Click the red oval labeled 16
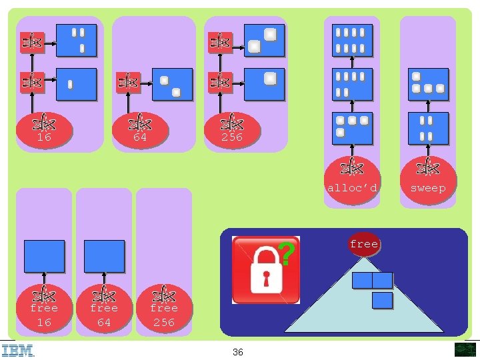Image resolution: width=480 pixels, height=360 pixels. (44, 130)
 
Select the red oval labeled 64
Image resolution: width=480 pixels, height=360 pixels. (140, 130)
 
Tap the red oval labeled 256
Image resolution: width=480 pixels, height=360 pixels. (233, 130)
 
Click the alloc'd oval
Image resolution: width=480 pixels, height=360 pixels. (353, 180)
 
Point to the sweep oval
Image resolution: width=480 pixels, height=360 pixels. (428, 180)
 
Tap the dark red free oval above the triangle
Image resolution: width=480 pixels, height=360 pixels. (364, 244)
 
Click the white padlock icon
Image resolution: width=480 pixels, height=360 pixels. (266, 271)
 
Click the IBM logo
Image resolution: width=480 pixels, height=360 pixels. (17, 351)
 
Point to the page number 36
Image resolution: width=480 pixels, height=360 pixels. (238, 352)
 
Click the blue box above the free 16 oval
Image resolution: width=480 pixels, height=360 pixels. (45, 256)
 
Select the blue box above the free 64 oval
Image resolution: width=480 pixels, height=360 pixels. (105, 256)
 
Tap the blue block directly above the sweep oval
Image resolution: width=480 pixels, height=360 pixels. (428, 128)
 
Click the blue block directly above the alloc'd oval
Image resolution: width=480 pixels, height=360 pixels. (353, 128)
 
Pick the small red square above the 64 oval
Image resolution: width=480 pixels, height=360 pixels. (128, 83)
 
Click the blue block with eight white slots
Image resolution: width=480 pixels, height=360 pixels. (353, 41)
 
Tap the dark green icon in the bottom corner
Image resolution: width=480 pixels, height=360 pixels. (465, 349)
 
